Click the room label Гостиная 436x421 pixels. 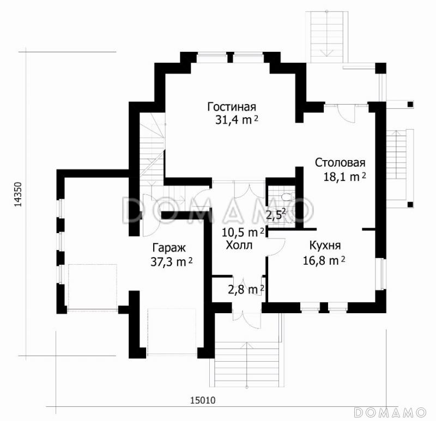(232, 107)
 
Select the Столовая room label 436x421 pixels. (340, 163)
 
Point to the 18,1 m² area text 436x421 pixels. (342, 176)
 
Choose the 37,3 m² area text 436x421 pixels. (171, 261)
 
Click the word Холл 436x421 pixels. (239, 245)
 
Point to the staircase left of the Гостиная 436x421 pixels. (152, 147)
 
